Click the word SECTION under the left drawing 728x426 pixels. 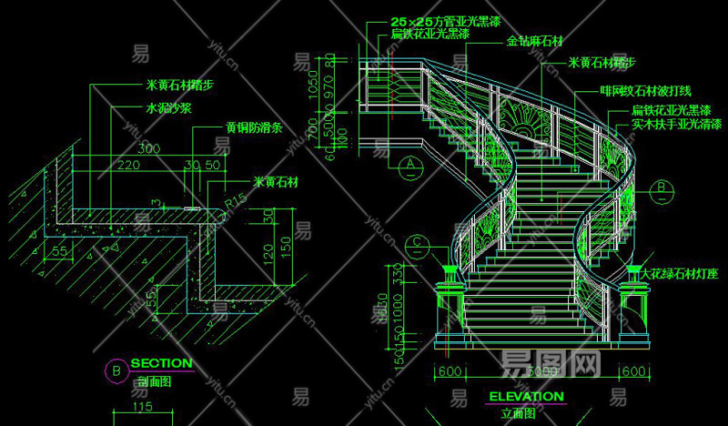click(162, 363)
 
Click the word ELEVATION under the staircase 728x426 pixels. click(526, 397)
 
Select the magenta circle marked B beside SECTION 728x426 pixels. click(116, 370)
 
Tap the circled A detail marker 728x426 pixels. click(411, 165)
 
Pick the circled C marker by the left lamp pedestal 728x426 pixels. click(417, 243)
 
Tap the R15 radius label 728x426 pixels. click(238, 198)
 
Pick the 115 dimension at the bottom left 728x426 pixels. click(139, 408)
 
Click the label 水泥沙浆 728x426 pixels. click(168, 107)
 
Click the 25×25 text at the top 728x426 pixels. click(404, 20)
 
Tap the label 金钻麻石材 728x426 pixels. click(534, 41)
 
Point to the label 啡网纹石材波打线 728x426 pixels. click(645, 91)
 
